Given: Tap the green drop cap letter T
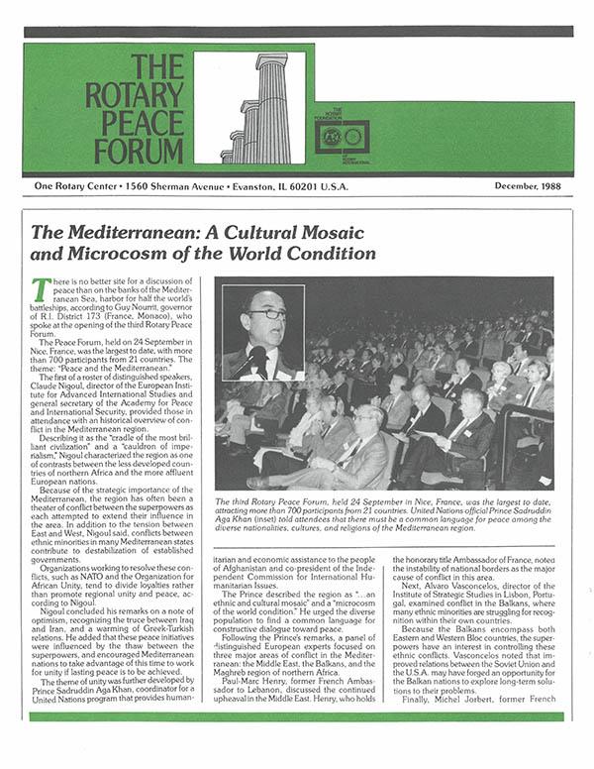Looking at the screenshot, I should click(x=41, y=289).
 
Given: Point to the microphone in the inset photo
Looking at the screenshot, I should click(x=245, y=358).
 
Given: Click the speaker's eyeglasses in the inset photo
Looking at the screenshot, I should click(x=264, y=314).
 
